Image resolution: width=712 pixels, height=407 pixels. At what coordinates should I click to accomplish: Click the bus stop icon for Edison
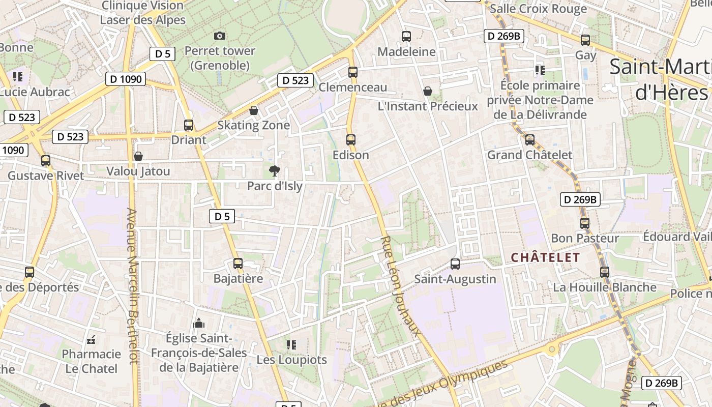(x=350, y=139)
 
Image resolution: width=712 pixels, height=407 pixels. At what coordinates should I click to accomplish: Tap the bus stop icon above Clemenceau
(x=352, y=72)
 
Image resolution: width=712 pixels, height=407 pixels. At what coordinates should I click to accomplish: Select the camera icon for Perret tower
(x=220, y=36)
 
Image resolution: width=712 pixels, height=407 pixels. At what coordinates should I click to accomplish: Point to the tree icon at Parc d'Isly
(x=275, y=170)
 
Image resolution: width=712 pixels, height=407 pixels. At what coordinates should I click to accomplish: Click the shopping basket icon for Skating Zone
(x=253, y=110)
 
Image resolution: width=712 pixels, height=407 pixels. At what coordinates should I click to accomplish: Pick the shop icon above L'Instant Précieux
(x=428, y=91)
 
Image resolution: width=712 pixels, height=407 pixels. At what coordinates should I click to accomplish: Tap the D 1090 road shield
(x=126, y=79)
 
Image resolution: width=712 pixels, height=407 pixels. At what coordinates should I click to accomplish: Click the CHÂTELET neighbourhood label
(x=545, y=257)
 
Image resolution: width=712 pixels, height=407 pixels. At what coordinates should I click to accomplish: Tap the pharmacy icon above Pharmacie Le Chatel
(x=92, y=339)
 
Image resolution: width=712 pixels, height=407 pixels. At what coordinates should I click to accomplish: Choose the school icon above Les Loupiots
(x=291, y=344)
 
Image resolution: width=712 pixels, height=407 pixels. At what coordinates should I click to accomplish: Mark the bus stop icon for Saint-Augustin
(x=455, y=264)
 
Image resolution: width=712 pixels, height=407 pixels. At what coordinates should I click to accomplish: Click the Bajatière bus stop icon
(x=238, y=263)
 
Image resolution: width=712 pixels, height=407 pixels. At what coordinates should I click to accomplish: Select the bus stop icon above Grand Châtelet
(x=529, y=139)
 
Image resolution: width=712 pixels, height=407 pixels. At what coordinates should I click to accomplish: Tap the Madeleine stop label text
(x=406, y=51)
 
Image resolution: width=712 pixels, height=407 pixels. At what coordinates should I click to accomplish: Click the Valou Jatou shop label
(x=138, y=171)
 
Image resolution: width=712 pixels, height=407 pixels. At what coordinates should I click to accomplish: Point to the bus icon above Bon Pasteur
(x=585, y=223)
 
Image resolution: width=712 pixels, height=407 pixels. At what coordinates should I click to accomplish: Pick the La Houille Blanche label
(x=605, y=287)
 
